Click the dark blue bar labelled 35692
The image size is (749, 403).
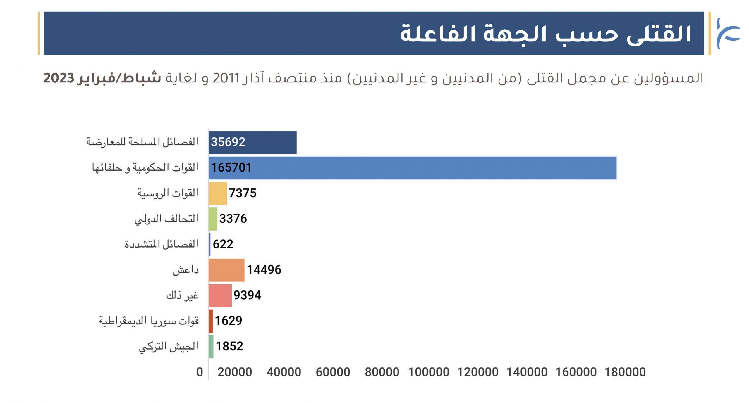pos(252,142)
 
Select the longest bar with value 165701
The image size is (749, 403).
pos(412,168)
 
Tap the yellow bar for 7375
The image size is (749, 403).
pos(218,193)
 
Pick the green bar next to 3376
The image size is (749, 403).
pos(213,219)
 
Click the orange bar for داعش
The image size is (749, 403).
pos(226,270)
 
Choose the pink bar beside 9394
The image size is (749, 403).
pos(220,295)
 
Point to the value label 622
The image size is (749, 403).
pos(223,244)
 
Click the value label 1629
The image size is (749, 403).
pos(229,321)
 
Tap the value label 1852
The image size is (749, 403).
pos(229,346)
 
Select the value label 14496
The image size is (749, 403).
pos(264,270)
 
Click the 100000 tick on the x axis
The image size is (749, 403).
pos(429,372)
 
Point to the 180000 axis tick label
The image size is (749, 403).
pos(625,372)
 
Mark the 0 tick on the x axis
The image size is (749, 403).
pos(200,372)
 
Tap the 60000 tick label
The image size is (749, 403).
pos(333,372)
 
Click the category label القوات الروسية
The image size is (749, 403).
pos(168,193)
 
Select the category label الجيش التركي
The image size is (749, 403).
pos(169,347)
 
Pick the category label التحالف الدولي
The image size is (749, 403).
pos(166,219)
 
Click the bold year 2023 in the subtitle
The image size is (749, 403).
pos(59,78)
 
